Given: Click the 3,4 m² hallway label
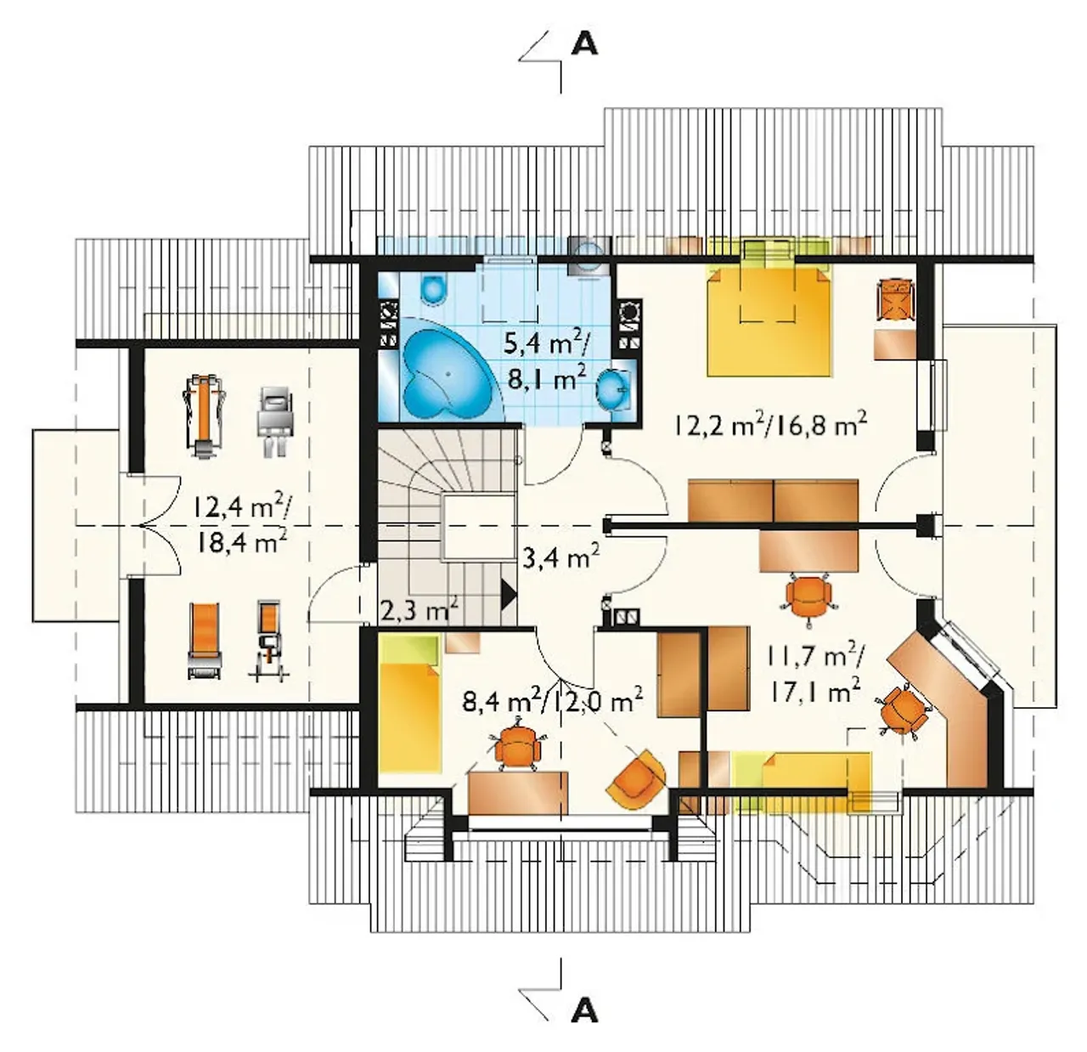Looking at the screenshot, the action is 560,557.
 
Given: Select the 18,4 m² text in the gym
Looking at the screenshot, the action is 240,541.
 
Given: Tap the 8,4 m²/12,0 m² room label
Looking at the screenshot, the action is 552,699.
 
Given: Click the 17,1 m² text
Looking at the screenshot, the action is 814,692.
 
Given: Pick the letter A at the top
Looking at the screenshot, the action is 584,44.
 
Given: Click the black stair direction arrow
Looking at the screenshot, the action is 509,594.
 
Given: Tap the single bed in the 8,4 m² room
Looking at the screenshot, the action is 408,704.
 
